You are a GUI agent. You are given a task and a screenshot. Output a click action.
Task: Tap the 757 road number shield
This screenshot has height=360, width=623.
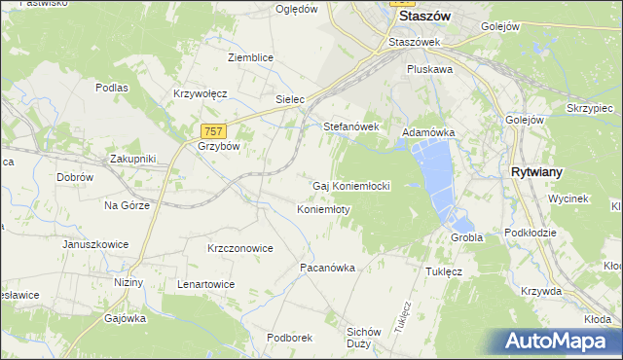click(x=214, y=131)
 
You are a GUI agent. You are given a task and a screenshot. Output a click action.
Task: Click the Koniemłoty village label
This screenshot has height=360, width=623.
click(x=323, y=209)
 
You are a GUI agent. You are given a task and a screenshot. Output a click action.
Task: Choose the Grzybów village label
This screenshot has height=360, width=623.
click(x=218, y=147)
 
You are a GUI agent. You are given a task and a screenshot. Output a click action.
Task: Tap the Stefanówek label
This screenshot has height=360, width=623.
click(x=350, y=126)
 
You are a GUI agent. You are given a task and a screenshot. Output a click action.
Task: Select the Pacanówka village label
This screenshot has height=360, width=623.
click(x=326, y=267)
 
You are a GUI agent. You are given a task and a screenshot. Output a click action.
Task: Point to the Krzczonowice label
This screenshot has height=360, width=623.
click(x=239, y=248)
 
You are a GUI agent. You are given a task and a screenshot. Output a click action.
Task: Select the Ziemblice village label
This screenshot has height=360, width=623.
click(x=250, y=57)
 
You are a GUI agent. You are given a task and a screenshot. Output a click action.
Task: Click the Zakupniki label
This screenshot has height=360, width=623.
click(x=133, y=158)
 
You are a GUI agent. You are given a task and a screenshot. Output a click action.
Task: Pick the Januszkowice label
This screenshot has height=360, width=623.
click(x=95, y=244)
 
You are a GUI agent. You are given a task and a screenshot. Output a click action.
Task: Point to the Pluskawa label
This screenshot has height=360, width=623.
click(x=431, y=70)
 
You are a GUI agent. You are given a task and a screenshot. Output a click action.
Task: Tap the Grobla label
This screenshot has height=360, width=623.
click(x=467, y=237)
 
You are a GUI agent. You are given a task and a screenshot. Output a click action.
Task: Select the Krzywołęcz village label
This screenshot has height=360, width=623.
click(x=200, y=93)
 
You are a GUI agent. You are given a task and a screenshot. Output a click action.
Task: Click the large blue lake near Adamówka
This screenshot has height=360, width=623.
click(x=434, y=175)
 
